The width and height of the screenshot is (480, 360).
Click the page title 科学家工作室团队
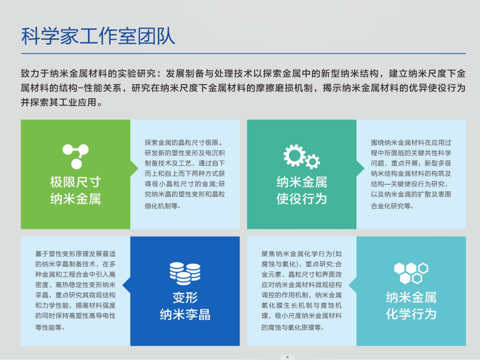point(98,36)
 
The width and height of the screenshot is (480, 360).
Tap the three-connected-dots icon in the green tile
point(76,156)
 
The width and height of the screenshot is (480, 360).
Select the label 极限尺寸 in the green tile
point(76,182)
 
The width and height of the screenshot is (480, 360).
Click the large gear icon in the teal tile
point(294,155)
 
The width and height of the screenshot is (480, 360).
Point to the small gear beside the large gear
point(312,161)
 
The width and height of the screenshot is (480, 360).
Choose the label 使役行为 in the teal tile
point(302,199)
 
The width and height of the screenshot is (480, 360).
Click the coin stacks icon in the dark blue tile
point(185,273)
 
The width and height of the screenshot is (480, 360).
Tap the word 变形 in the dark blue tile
point(185,297)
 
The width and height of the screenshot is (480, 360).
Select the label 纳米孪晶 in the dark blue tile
point(185,314)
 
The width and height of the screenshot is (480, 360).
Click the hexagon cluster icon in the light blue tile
point(411,273)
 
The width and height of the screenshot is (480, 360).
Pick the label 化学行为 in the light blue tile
point(411,314)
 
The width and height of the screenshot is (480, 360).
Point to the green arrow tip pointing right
point(138,168)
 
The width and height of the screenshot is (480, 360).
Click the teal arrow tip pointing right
point(364,168)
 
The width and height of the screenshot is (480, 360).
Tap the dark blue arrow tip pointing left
point(123,285)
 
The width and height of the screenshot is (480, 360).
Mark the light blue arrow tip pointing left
point(349,285)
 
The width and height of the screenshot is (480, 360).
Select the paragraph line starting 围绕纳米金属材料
point(411,143)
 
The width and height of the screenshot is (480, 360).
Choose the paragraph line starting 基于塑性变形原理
point(75,254)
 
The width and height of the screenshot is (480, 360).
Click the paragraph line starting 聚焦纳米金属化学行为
point(301,254)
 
